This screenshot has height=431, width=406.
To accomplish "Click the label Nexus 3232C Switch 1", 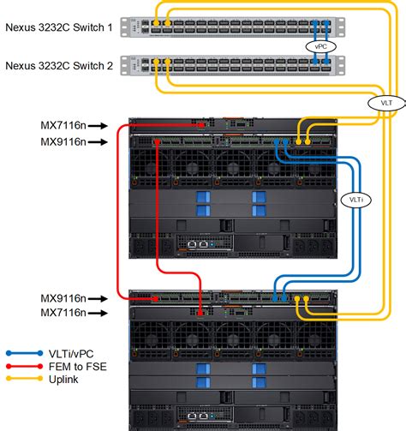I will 59,27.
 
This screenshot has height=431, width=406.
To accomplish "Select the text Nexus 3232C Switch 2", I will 59,64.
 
